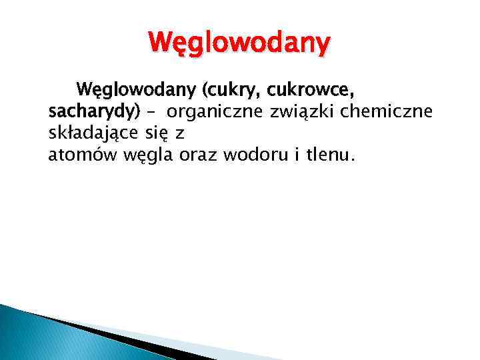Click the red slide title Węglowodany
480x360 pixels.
coord(239,44)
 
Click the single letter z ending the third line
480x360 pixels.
coord(179,135)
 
